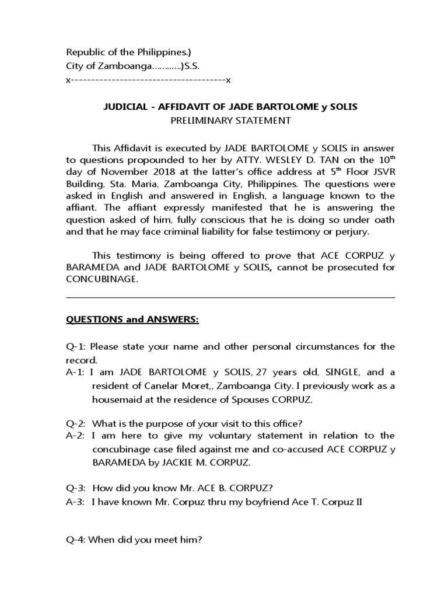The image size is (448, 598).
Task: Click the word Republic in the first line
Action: pos(84,51)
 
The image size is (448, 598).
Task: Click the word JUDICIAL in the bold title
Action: pos(124,107)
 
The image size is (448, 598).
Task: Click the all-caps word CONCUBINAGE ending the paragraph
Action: pos(102,279)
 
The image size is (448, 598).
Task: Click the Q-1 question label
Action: pos(76,346)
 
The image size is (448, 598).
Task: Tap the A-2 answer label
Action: pos(76,436)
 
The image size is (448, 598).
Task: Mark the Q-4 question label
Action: pos(76,541)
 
